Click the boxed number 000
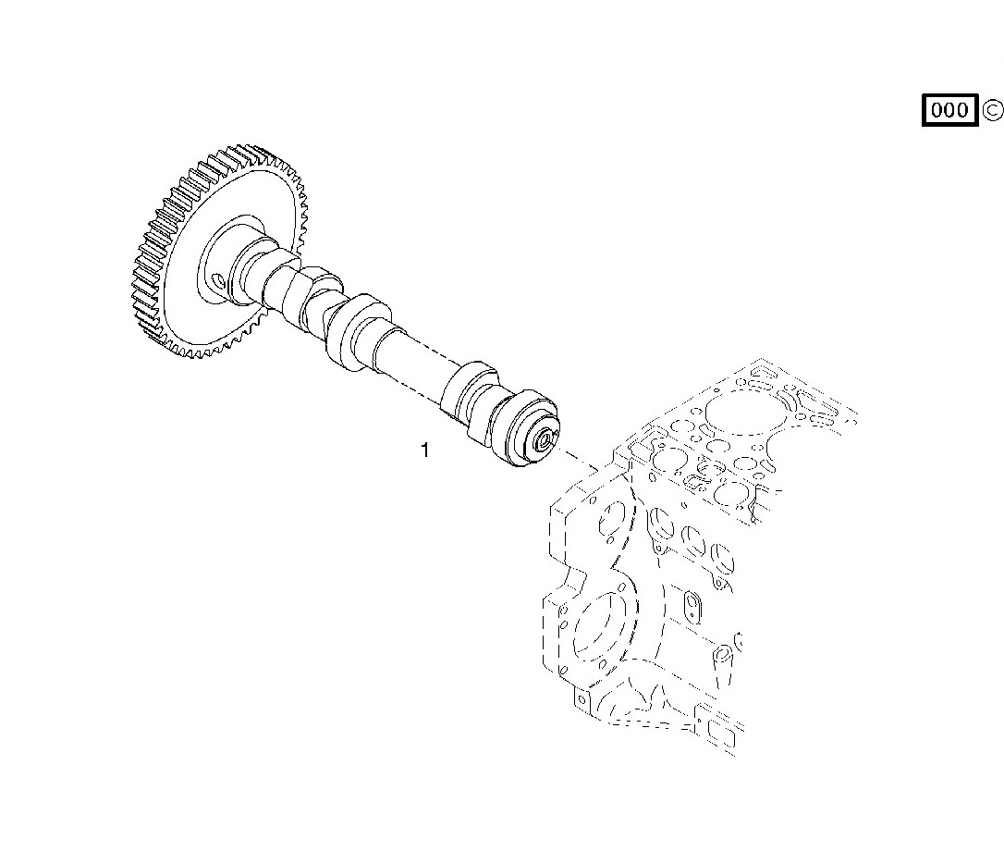(x=949, y=110)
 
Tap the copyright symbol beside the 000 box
(x=992, y=110)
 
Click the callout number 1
(x=424, y=451)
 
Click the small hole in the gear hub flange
(x=218, y=280)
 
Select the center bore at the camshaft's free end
(x=546, y=438)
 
